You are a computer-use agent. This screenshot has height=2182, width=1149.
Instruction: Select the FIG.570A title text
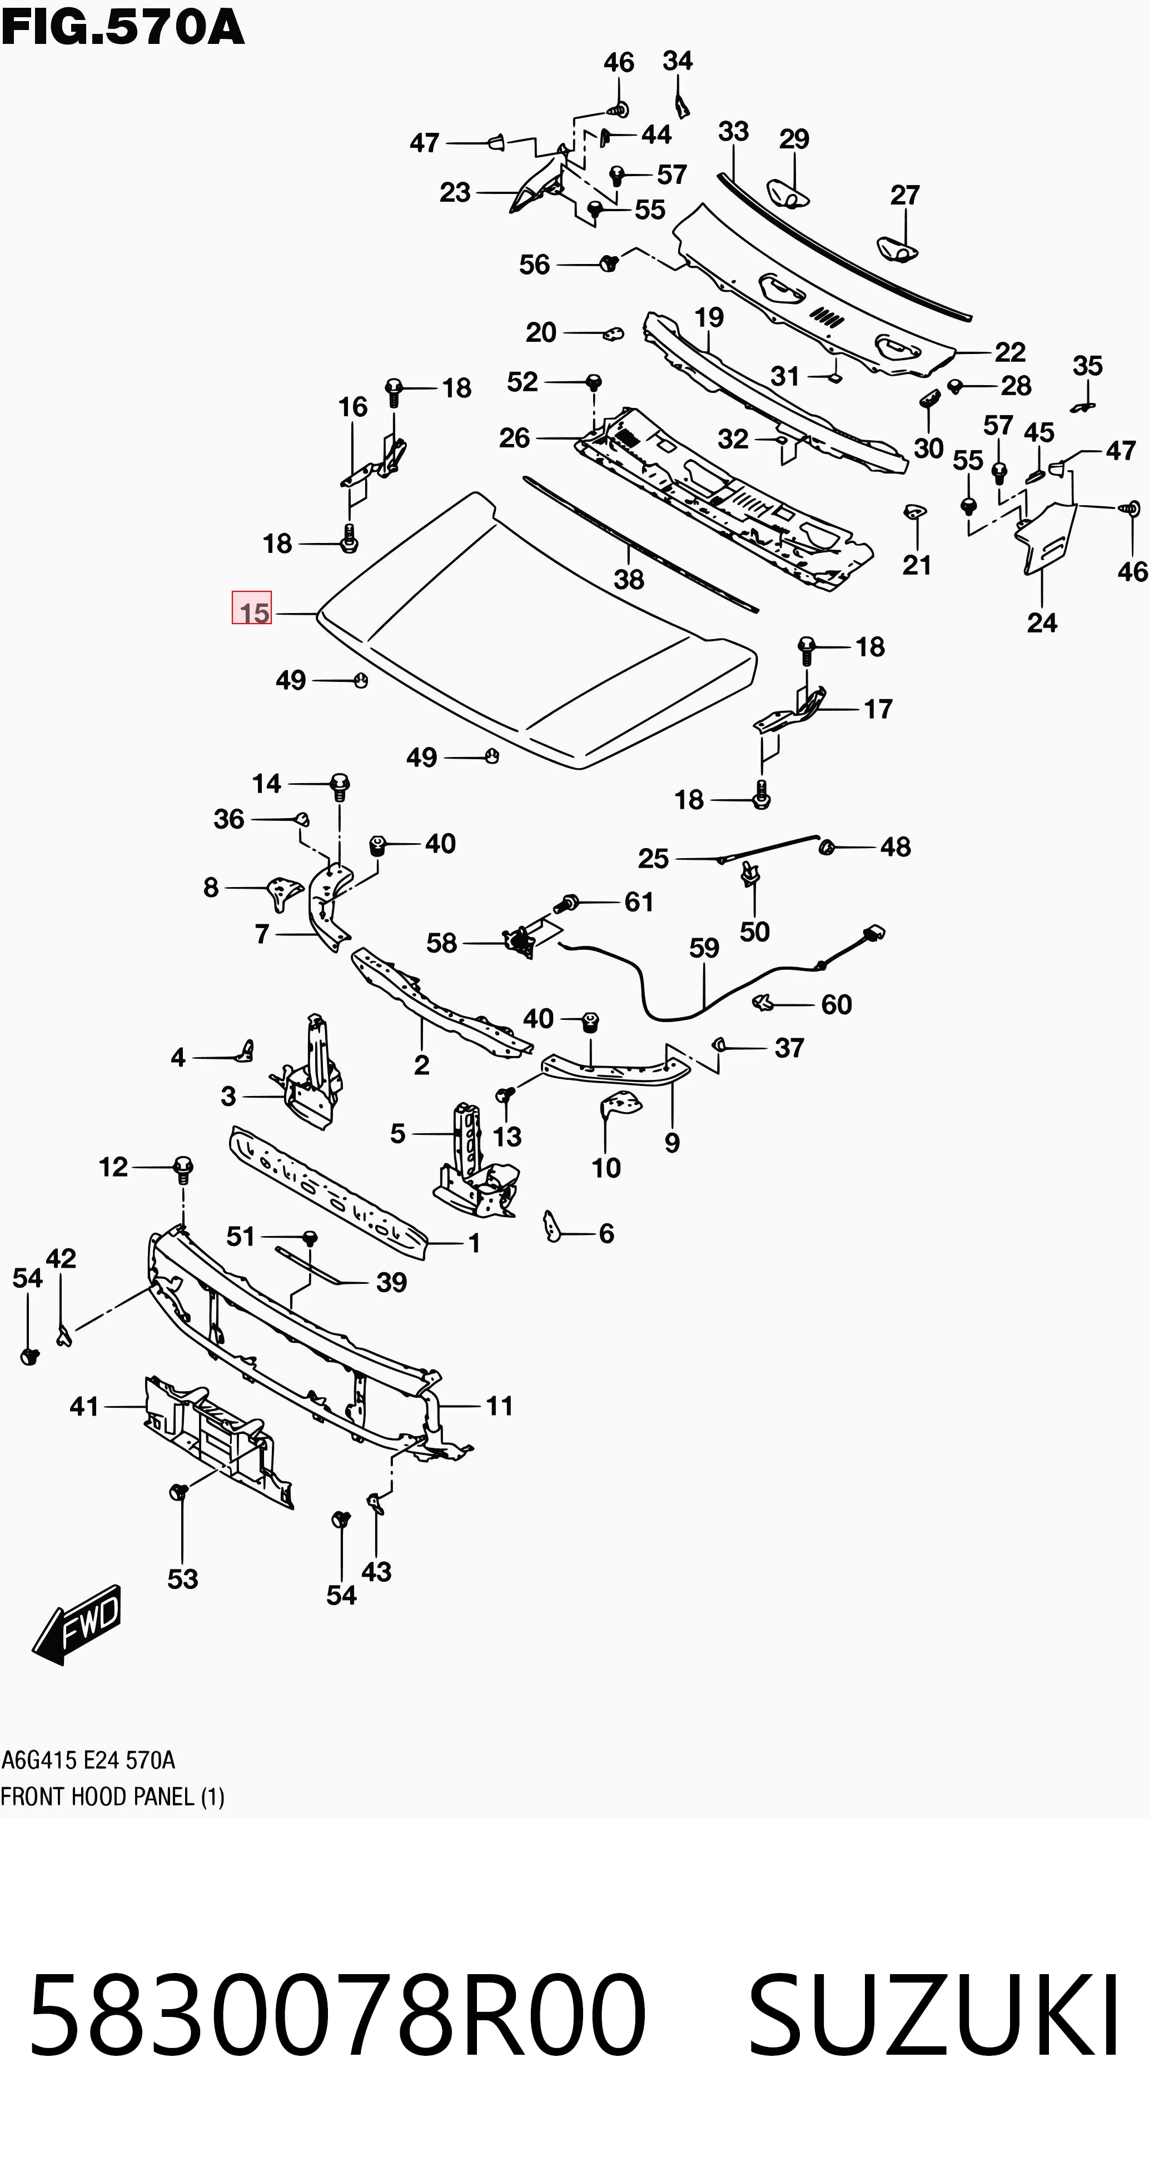123,28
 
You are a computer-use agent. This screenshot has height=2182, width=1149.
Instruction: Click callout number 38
629,579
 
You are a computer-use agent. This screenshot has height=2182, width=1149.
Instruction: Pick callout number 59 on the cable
704,948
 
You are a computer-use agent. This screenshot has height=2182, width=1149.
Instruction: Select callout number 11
500,1406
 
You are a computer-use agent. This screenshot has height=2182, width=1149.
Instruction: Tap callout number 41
84,1407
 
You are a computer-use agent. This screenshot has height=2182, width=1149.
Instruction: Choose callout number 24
1042,622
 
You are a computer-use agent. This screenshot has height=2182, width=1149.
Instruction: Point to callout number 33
734,131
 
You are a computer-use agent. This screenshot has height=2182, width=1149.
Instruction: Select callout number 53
183,1579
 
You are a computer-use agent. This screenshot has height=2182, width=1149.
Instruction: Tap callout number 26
514,438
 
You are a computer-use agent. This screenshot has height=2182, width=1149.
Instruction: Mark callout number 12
113,1167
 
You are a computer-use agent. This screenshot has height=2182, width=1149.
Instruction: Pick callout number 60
837,1005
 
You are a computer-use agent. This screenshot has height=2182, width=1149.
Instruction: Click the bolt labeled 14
340,786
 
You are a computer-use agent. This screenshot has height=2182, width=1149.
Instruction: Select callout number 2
422,1065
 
